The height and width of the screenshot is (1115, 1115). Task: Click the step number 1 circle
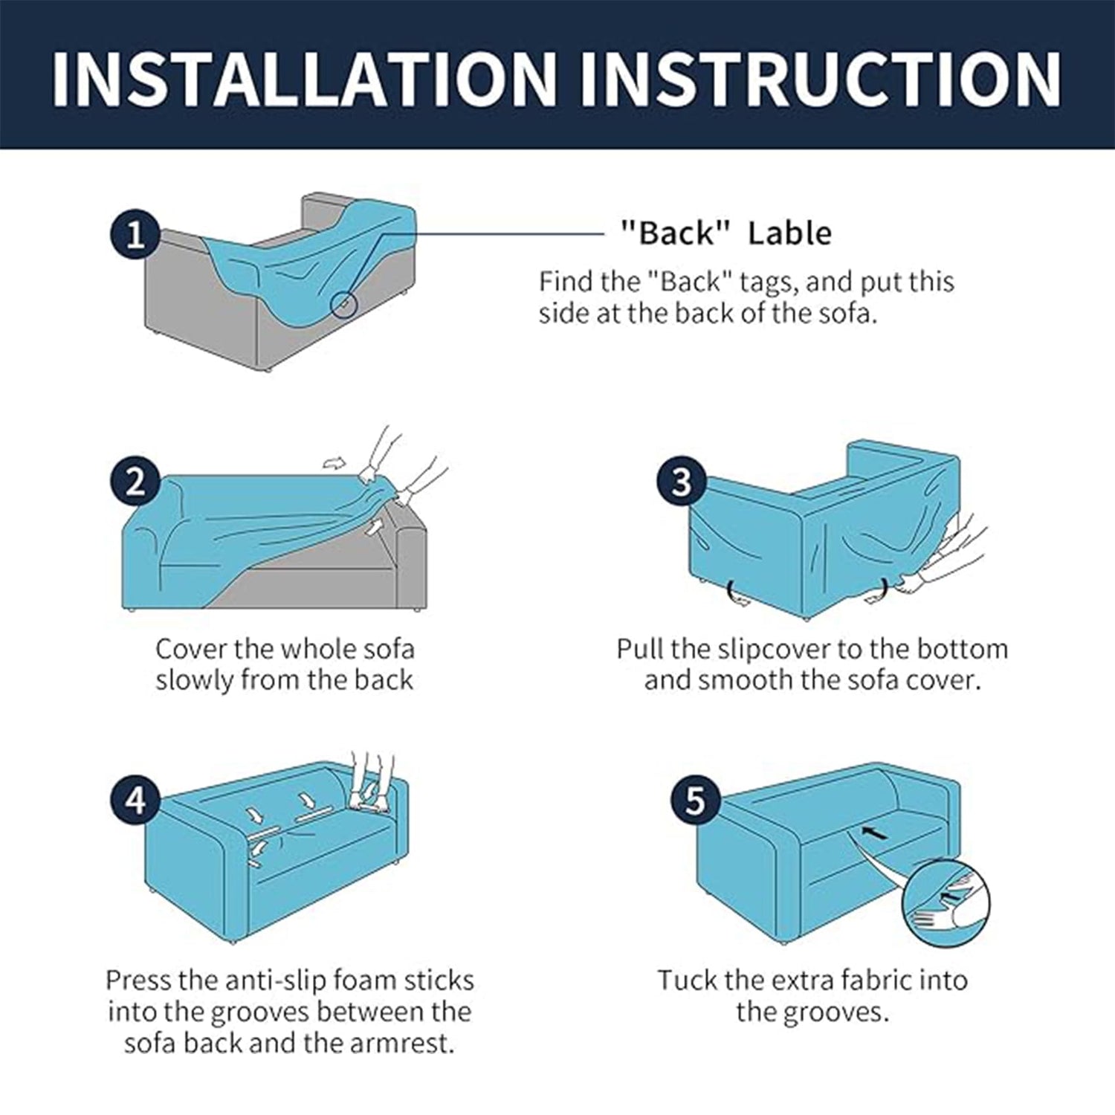[135, 235]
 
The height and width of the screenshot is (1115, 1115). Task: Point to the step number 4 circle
[135, 801]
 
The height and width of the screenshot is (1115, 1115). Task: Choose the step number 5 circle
[694, 801]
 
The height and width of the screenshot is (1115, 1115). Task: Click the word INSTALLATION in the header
[304, 78]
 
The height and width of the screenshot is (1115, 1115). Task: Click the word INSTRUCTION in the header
[821, 78]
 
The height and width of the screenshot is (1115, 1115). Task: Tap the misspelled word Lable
[789, 233]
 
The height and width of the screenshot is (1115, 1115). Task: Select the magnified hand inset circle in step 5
[946, 904]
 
